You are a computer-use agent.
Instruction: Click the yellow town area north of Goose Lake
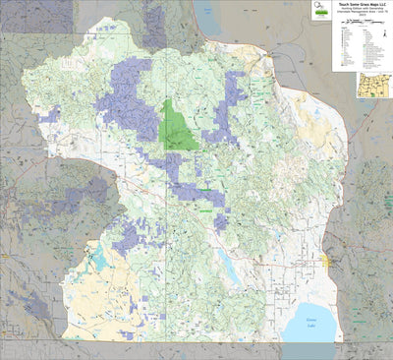(325, 260)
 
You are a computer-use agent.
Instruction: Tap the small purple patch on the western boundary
(47, 115)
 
